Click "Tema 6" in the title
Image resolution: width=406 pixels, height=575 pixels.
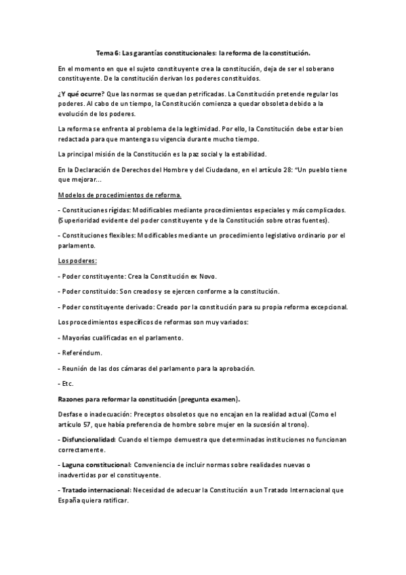pos(108,52)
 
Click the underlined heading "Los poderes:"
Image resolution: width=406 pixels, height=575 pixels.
pos(77,260)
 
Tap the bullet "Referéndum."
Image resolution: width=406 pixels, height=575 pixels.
pos(82,353)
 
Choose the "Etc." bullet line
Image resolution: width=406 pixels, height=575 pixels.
pos(67,383)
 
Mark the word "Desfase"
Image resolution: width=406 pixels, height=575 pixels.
pos(72,414)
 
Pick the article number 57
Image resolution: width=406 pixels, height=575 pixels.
pos(89,424)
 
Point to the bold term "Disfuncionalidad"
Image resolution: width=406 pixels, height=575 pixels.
pos(89,439)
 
